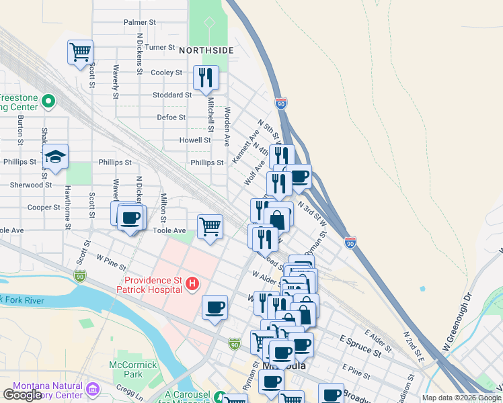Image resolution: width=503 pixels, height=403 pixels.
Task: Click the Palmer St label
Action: (139, 22)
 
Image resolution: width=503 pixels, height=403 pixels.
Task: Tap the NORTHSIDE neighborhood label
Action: (206, 50)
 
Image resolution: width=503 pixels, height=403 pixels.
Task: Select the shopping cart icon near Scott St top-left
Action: (80, 52)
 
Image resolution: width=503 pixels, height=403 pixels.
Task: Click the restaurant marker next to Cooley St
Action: (206, 77)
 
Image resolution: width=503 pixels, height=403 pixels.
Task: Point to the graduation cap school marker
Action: (56, 156)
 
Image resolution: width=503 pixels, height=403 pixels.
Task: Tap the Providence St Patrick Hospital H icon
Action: (192, 284)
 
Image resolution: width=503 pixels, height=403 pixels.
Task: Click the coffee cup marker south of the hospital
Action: (215, 308)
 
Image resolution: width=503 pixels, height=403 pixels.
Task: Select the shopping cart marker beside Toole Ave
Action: (210, 228)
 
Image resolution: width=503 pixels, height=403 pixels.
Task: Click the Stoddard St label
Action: (171, 95)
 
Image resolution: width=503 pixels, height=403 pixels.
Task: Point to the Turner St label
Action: (159, 48)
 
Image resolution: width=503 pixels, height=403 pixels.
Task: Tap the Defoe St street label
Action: (171, 117)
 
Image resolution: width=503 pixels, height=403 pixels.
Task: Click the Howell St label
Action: (195, 140)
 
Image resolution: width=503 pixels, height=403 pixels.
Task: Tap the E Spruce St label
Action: (360, 345)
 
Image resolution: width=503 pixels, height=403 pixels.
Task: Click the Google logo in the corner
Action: (22, 395)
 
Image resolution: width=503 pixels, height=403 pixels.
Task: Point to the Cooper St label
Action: (44, 208)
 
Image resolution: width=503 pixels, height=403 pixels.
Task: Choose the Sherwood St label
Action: (31, 185)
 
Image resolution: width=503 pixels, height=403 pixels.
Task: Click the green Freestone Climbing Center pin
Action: (48, 101)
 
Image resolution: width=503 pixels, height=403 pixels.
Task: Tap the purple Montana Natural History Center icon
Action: (93, 389)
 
